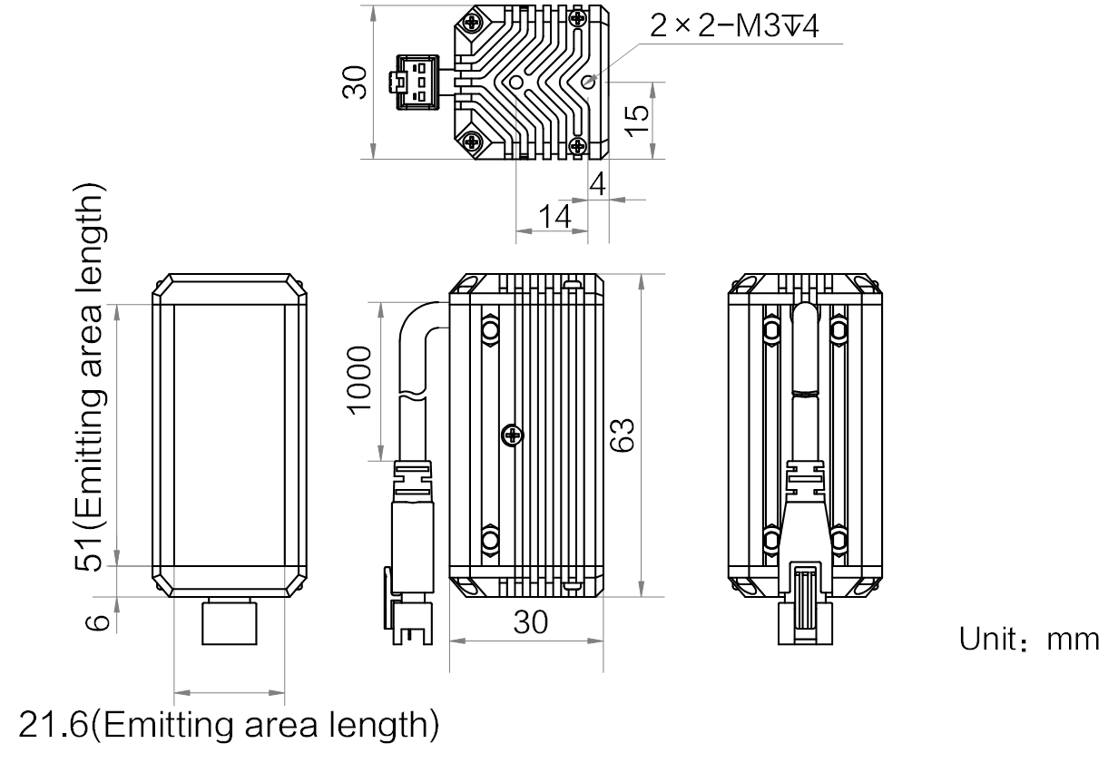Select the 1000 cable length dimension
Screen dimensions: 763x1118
361,378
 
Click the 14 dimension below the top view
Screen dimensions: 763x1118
554,218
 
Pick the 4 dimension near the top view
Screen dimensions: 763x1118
597,186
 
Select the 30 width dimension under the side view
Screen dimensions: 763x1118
532,623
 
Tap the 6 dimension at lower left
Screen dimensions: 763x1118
101,621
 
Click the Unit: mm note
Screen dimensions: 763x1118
1029,640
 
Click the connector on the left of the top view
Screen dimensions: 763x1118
413,83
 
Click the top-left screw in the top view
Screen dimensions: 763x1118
473,23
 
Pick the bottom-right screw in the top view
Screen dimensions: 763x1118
578,143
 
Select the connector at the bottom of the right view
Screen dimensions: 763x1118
806,603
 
